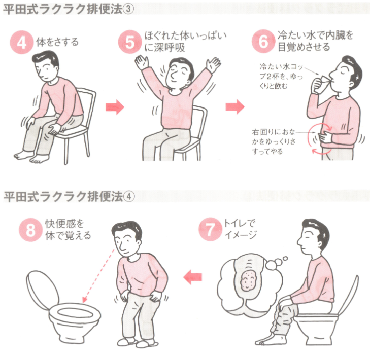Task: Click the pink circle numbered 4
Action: click(x=21, y=43)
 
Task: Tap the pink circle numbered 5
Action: click(x=130, y=42)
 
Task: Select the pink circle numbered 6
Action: click(x=263, y=41)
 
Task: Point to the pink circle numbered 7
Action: click(x=210, y=229)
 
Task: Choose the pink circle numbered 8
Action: click(x=30, y=230)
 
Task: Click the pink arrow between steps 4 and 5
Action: click(x=115, y=107)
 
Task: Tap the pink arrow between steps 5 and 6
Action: click(x=235, y=106)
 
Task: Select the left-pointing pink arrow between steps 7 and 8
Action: click(x=192, y=276)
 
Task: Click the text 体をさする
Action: click(x=57, y=42)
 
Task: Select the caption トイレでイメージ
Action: click(x=240, y=229)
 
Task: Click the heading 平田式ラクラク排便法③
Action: click(x=69, y=10)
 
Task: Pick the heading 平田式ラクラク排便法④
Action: click(x=69, y=196)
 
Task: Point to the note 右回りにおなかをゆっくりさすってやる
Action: click(x=274, y=141)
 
